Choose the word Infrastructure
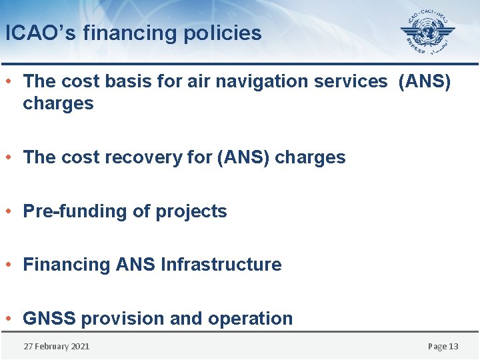point(221,265)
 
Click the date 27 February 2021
point(56,347)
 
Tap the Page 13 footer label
point(443,347)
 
